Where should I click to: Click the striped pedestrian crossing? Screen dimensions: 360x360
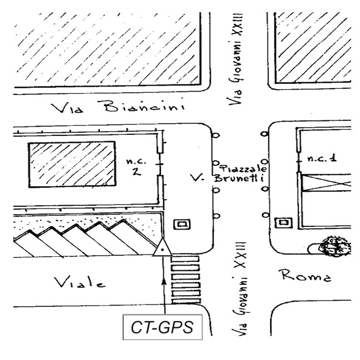point(185,280)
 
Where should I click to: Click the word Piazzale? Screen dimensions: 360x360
point(245,168)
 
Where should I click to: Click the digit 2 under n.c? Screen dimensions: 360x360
point(134,171)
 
